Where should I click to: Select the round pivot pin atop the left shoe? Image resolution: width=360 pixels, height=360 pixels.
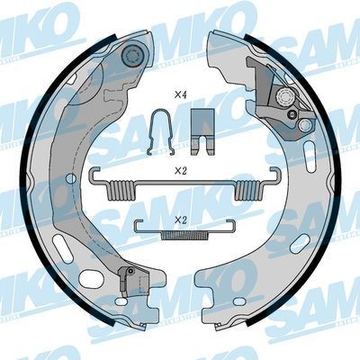(132, 56)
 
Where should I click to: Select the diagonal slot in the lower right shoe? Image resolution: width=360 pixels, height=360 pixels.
(298, 245)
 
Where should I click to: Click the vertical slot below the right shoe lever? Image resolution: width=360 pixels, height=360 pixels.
(304, 148)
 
